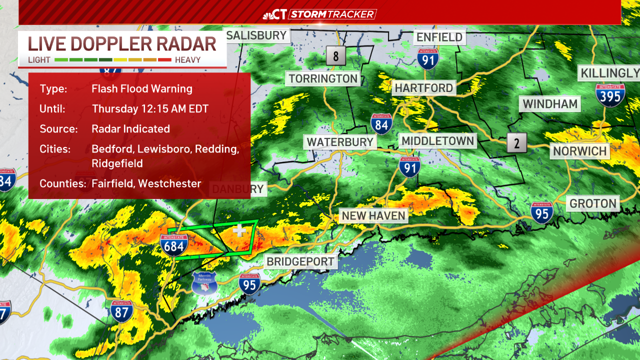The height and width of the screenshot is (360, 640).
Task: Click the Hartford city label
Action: tap(423, 88)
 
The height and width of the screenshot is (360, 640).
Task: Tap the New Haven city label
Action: tap(373, 216)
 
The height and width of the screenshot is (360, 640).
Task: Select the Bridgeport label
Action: tap(300, 261)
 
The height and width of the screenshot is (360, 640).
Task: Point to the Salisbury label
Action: tap(257, 35)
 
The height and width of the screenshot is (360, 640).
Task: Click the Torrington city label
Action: tap(323, 78)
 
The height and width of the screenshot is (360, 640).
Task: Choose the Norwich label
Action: tap(579, 151)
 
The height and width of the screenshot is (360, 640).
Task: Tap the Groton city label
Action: tap(593, 203)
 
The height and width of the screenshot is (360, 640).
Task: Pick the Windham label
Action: tap(550, 104)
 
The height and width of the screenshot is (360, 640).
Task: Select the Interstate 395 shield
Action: tap(610, 94)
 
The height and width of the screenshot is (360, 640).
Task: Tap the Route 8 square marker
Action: tap(336, 55)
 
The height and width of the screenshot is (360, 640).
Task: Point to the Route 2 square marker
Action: tap(516, 143)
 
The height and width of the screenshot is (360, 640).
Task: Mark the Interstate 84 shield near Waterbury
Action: tap(381, 123)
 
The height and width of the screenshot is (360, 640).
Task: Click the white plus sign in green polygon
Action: tap(240, 230)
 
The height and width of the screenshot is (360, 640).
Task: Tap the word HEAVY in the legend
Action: tap(187, 60)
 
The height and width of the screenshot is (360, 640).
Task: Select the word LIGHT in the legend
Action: tap(39, 60)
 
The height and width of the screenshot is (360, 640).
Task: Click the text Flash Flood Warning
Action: tap(142, 89)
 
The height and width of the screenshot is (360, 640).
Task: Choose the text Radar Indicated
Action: tap(131, 129)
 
